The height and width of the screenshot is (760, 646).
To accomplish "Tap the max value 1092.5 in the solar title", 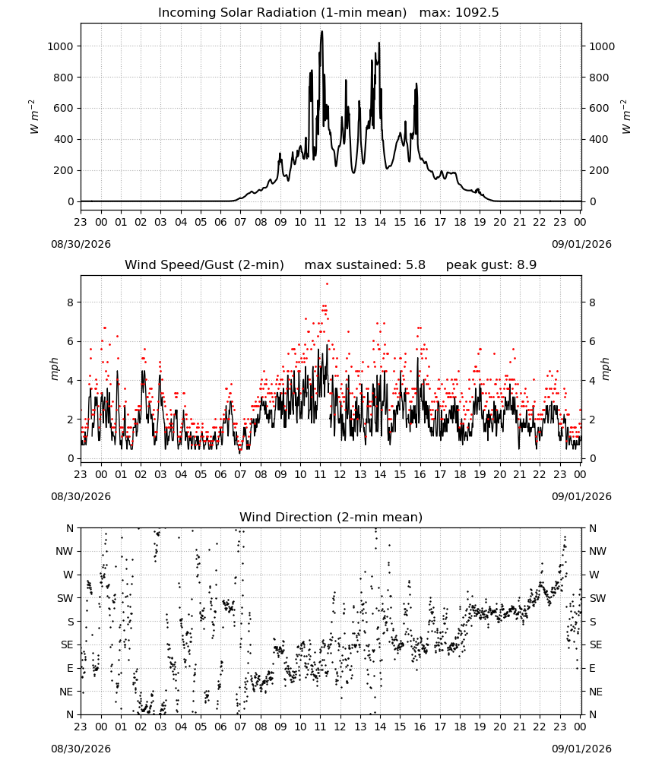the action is [477, 12].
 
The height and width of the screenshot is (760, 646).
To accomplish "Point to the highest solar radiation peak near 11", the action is [321, 32].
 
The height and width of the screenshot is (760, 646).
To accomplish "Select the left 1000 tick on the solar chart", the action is [60, 46].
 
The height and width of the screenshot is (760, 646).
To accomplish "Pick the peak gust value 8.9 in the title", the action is [526, 264].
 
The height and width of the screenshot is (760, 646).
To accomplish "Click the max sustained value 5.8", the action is [415, 264].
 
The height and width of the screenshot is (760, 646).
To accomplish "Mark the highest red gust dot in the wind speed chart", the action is [327, 284].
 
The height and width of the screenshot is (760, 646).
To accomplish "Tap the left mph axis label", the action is [54, 369].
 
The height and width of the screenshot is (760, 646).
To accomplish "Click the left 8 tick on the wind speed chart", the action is [71, 302].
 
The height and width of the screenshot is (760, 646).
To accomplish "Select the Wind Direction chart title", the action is [331, 517].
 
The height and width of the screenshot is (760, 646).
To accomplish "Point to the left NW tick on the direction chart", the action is [65, 552].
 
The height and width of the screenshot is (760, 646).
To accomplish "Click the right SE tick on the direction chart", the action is [596, 644].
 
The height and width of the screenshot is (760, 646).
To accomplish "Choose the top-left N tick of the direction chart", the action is [70, 528].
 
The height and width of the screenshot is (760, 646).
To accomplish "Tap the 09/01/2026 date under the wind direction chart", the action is [581, 749].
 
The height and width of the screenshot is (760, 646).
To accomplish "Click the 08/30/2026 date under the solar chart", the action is [81, 244].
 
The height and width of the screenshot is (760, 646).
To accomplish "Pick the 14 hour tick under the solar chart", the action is [380, 222].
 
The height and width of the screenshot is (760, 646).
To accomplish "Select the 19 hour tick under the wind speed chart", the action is [480, 474].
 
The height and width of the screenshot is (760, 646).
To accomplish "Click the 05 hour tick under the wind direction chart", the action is [201, 727].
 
